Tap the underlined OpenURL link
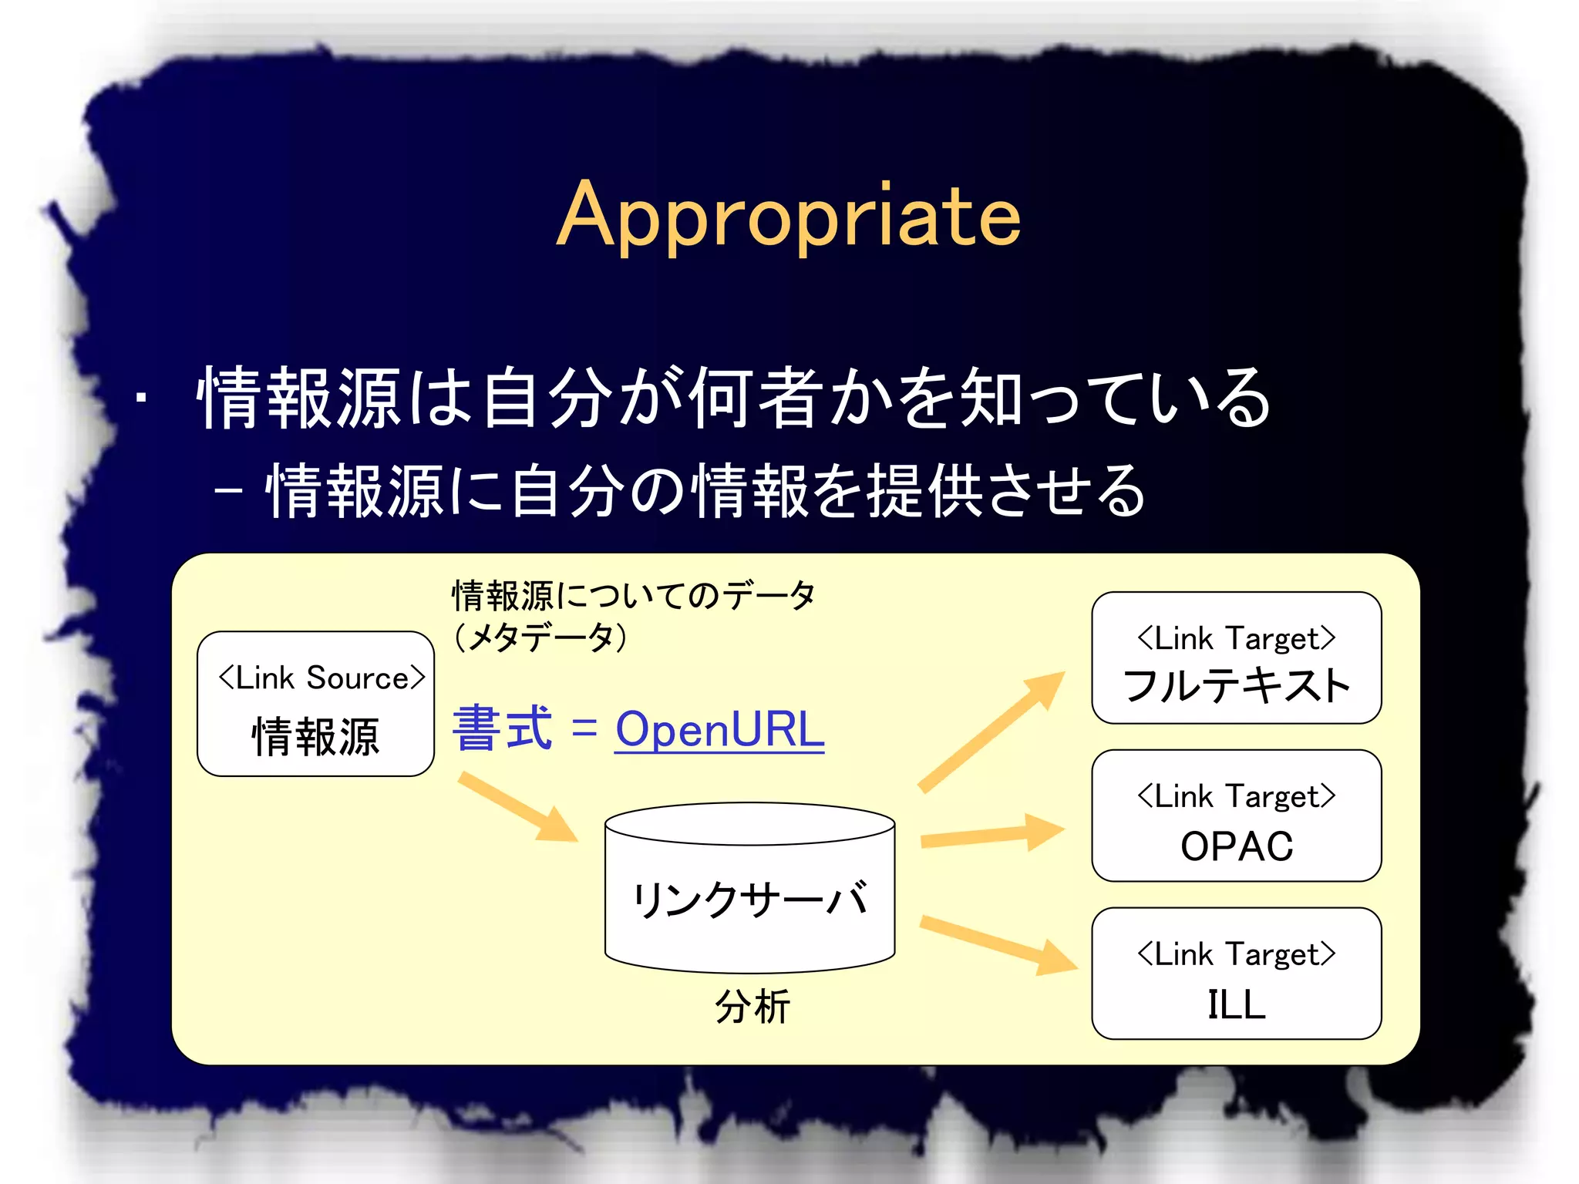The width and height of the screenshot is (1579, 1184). click(x=719, y=729)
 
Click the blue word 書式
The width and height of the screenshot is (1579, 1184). click(x=503, y=728)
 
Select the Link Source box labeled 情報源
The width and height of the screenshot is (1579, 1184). click(x=315, y=704)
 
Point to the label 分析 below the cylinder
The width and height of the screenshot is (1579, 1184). click(x=752, y=1007)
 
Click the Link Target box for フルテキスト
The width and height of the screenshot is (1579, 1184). click(x=1236, y=658)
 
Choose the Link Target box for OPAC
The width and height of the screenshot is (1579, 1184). click(x=1236, y=816)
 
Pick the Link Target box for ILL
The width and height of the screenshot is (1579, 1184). click(x=1236, y=974)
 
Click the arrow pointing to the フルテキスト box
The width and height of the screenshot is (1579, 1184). click(x=991, y=731)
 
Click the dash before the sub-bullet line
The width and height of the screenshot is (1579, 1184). click(x=229, y=491)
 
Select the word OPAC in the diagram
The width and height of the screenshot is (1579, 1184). click(x=1236, y=846)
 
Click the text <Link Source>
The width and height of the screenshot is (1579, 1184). click(x=321, y=678)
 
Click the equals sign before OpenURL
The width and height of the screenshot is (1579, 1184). click(x=584, y=728)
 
